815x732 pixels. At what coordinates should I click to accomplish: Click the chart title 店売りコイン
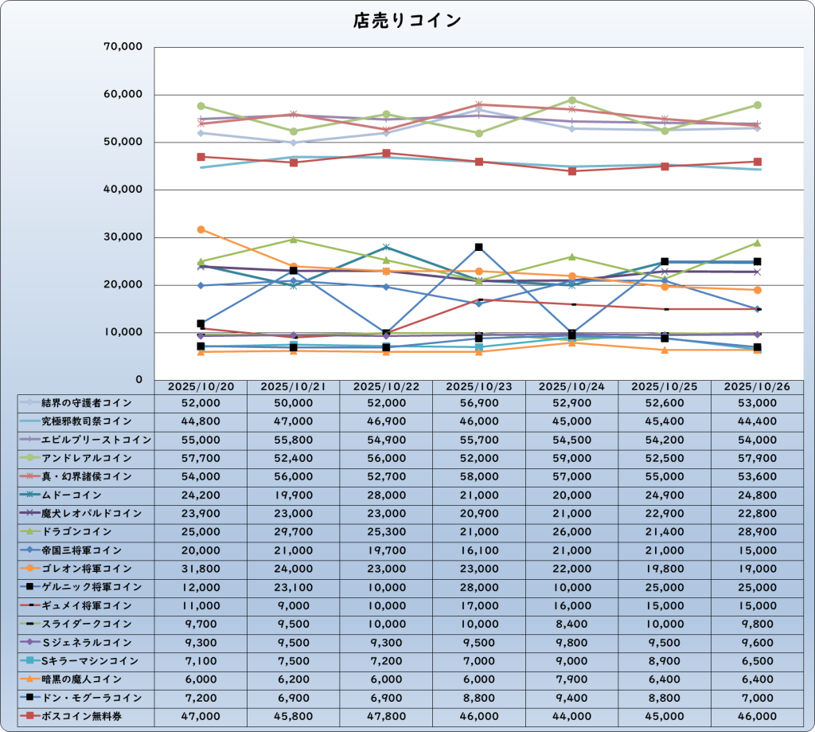(x=407, y=22)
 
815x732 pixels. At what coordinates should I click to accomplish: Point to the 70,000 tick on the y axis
(x=123, y=47)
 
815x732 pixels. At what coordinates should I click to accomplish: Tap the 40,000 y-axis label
(x=123, y=190)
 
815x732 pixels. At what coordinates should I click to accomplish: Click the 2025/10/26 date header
(x=757, y=386)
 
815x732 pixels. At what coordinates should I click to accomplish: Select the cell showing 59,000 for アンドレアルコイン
(x=571, y=458)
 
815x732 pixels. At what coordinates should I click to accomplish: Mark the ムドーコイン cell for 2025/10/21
(x=294, y=495)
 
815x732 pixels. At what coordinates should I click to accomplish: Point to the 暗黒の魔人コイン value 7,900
(x=571, y=679)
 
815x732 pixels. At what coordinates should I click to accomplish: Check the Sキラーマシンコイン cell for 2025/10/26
(x=757, y=661)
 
